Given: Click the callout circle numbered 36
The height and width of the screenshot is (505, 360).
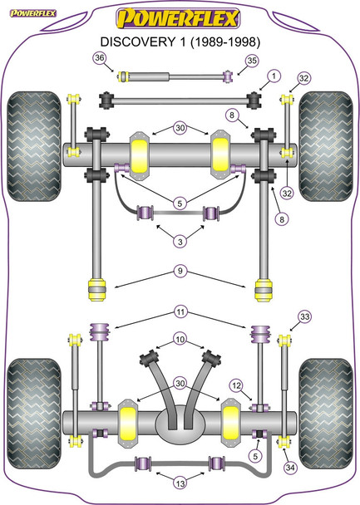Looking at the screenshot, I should point(101,57).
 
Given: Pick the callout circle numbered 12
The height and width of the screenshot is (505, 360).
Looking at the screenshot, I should point(238,385).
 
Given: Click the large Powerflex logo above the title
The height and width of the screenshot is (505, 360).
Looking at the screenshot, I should point(180,17).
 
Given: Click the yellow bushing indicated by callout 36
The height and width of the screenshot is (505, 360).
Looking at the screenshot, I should point(124,78).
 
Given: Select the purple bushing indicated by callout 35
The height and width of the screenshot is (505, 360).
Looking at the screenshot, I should point(227,77).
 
